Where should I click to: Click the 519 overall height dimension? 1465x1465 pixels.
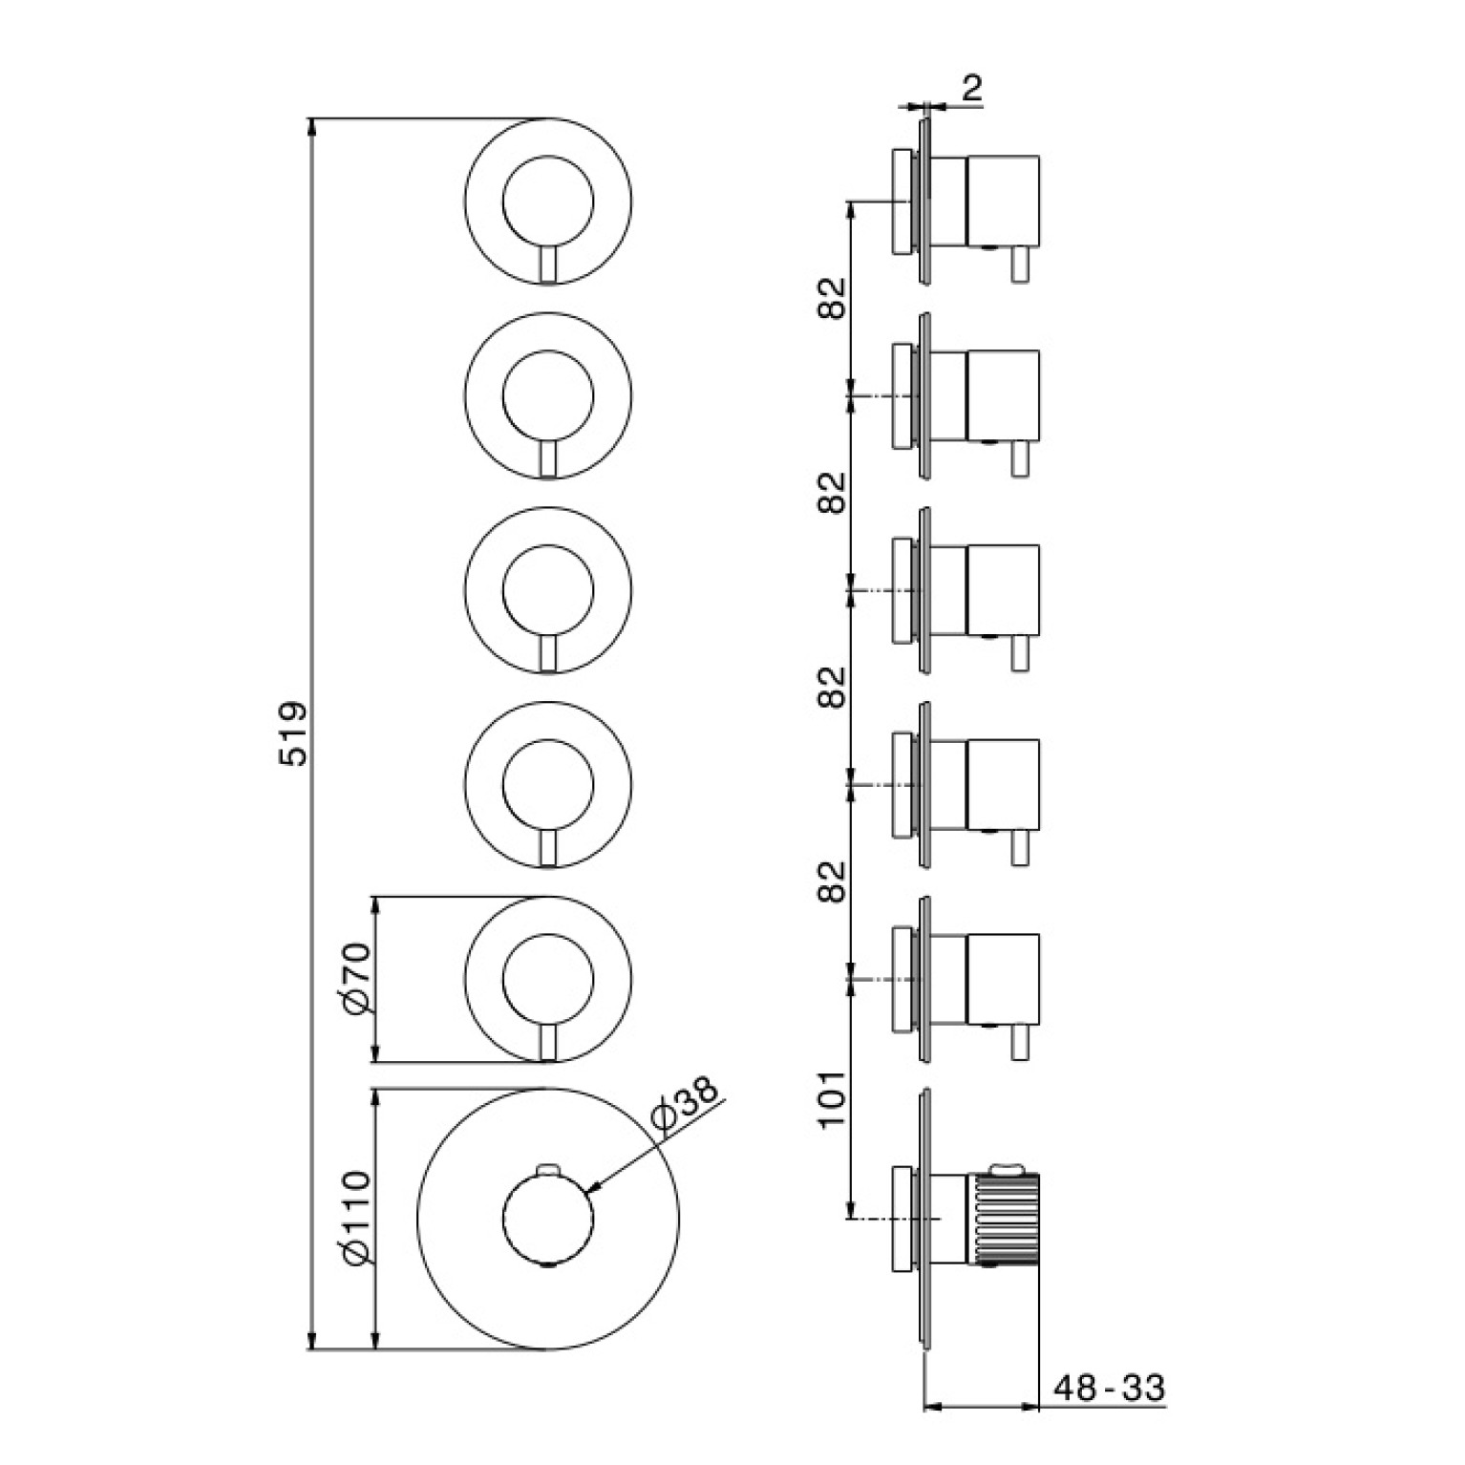(294, 733)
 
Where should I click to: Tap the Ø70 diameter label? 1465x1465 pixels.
(355, 979)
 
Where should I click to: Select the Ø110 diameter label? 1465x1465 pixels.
(355, 1218)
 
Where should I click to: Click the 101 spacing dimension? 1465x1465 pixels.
(833, 1098)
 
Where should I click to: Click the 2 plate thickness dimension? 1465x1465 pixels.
(971, 89)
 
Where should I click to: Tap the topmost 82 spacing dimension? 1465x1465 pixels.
(833, 298)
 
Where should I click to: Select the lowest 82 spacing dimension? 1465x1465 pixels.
(833, 881)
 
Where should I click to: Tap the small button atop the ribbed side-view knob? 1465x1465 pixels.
(1006, 1167)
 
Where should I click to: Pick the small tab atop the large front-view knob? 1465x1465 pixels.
(547, 1168)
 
